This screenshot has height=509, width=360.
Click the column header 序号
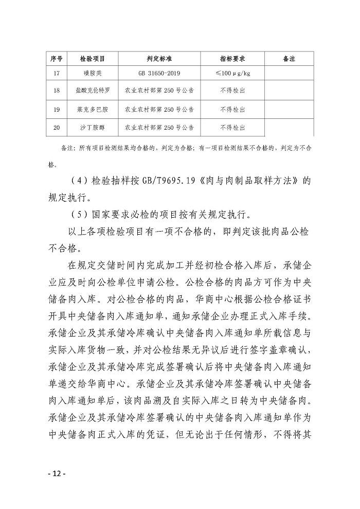click(x=57, y=59)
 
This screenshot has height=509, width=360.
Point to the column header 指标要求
click(x=232, y=59)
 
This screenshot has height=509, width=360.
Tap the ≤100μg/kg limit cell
click(x=232, y=73)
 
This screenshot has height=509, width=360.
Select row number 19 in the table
click(x=57, y=109)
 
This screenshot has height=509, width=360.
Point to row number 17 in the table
click(x=57, y=73)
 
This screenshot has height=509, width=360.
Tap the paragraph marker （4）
click(x=77, y=182)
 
